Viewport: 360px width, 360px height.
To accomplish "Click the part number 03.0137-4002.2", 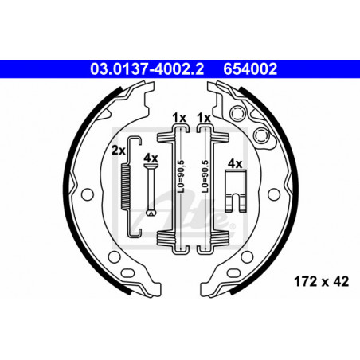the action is [x=147, y=69].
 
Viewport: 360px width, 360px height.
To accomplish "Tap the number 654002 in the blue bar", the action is [x=250, y=69].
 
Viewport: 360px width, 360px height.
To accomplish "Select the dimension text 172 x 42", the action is [x=321, y=281].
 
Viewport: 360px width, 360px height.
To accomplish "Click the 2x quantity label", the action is [x=118, y=151].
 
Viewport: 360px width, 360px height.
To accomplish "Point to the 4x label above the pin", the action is [x=151, y=158].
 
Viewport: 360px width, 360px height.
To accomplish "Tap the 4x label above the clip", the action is [x=235, y=164].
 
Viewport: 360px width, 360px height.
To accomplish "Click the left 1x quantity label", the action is [x=179, y=118].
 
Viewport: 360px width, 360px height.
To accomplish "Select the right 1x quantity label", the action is [x=204, y=118].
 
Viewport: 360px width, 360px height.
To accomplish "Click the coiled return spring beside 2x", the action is [x=126, y=186].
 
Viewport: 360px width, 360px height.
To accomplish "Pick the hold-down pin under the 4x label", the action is [x=151, y=190].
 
